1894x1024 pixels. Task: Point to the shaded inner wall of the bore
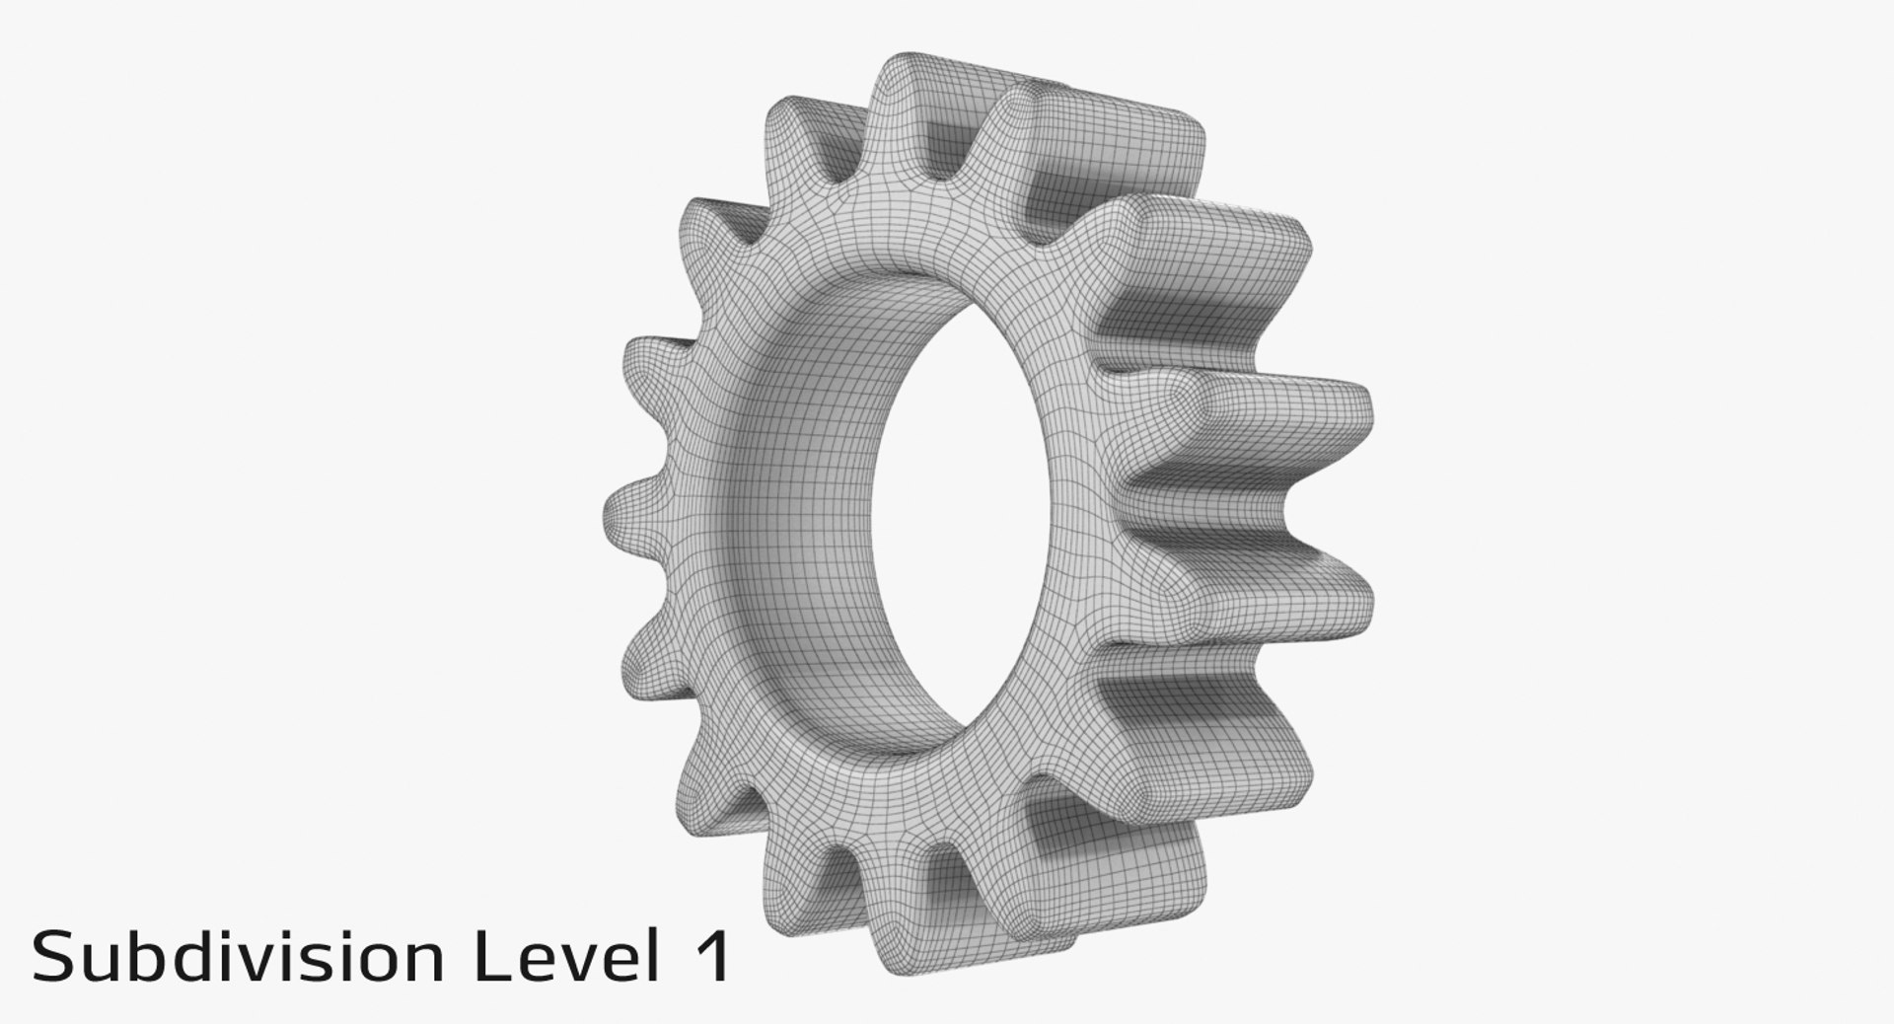click(x=809, y=493)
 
